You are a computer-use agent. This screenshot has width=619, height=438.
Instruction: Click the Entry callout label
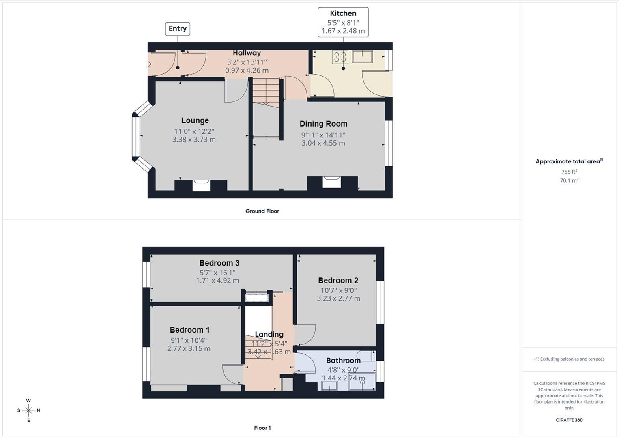pos(178,28)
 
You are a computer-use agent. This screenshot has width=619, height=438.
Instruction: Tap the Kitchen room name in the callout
pos(343,13)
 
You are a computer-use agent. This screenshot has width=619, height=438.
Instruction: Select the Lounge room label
pos(195,120)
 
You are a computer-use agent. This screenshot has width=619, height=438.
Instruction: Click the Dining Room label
pos(323,124)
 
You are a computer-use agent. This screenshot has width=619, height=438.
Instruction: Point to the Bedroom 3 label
pos(219,263)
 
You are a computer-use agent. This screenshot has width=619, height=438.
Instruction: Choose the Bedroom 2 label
pos(338,281)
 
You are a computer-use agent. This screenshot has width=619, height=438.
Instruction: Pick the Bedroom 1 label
pos(189,330)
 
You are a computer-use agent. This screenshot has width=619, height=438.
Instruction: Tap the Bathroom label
pos(343,361)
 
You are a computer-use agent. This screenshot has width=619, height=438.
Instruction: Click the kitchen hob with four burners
pos(340,57)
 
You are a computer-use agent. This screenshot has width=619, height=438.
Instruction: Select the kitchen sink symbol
pos(362,56)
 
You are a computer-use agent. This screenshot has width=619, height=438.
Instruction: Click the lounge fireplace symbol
pos(201,185)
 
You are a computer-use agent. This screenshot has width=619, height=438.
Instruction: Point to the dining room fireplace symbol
pos(331,182)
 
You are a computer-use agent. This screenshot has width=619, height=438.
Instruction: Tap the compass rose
pos(28,410)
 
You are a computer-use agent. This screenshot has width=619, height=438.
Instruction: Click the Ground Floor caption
pos(262,211)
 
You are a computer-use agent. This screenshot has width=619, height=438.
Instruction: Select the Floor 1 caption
pos(262,428)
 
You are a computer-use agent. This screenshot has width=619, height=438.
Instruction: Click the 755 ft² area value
pos(569,172)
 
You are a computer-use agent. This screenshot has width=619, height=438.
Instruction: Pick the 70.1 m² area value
pos(569,180)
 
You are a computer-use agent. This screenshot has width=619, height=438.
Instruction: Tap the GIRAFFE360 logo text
pos(569,420)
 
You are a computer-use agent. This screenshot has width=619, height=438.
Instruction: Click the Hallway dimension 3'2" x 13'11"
pos(247,62)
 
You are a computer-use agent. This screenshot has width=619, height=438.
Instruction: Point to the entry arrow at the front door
pos(148,64)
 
